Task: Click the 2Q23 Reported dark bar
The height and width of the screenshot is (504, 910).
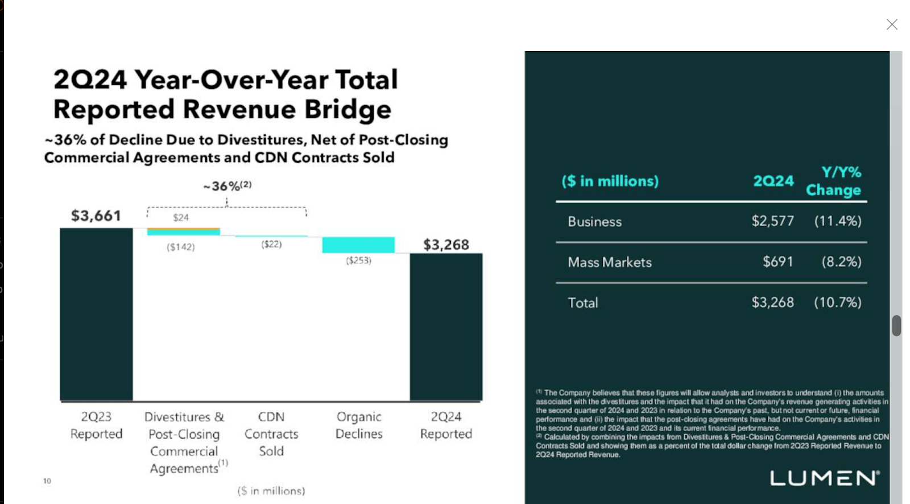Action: click(96, 314)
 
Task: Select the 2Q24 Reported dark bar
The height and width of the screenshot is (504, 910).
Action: click(446, 327)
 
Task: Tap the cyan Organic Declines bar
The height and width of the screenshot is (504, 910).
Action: click(358, 245)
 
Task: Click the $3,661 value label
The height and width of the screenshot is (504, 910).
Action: click(96, 216)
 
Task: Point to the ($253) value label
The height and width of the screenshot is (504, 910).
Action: click(358, 261)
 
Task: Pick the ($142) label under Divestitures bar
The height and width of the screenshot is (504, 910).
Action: click(181, 247)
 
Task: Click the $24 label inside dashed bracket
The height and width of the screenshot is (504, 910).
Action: click(181, 217)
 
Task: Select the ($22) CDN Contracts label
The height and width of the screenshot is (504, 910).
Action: click(271, 244)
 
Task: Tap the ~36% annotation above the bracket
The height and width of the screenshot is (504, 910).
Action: click(227, 186)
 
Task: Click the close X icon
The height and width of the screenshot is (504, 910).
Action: click(892, 24)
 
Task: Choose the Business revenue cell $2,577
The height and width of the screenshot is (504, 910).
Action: click(772, 221)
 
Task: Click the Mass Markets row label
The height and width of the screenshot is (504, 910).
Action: click(610, 262)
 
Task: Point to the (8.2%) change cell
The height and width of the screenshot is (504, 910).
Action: click(841, 262)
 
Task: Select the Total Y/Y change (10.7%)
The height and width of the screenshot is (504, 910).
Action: click(837, 302)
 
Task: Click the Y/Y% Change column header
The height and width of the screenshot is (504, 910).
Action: click(834, 181)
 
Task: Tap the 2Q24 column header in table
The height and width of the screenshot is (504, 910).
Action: click(773, 181)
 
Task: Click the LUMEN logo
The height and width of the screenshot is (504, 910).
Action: click(825, 478)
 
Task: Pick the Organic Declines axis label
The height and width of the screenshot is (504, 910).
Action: click(359, 425)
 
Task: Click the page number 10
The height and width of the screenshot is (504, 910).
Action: click(47, 481)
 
